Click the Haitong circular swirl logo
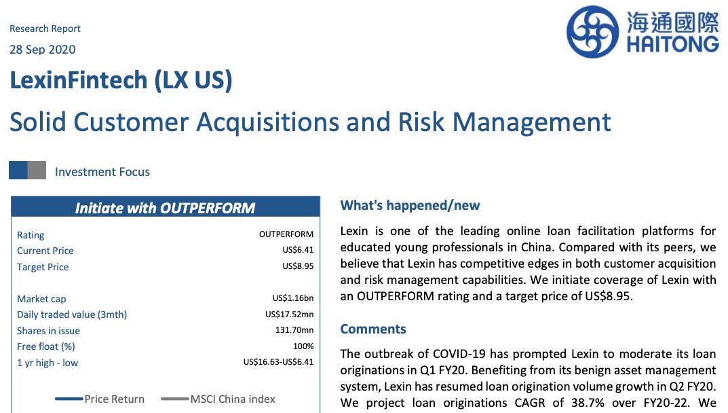pos(592,32)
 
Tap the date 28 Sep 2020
pos(42,50)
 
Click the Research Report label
pos(45,29)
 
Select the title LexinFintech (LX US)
pos(121,80)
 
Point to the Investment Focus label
pos(102,172)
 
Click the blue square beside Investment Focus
pos(18,170)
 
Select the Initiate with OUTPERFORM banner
pos(166,207)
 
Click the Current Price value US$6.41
pos(298,250)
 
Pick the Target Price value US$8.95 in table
pos(298,266)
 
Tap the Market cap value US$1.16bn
pos(293,298)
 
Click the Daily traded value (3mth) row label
pos(72,315)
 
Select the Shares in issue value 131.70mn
pos(294,330)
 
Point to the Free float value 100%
pos(303,346)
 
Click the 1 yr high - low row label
pos(47,363)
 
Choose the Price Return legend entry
pos(100,399)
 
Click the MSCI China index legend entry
pos(218,399)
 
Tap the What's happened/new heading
pos(410,206)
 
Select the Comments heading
pos(373,329)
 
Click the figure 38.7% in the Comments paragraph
pos(588,403)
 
